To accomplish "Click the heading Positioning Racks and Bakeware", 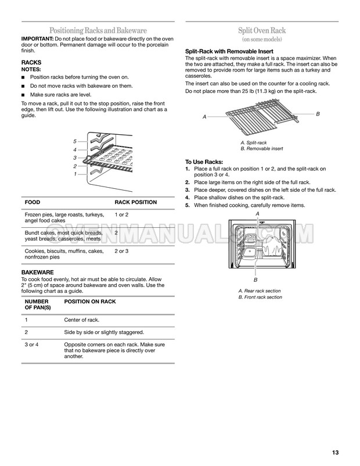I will click(98, 30).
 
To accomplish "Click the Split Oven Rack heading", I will click(261, 30).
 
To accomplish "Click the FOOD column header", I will click(32, 202).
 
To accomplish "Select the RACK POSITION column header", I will click(136, 202).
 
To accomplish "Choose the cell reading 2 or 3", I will click(122, 250).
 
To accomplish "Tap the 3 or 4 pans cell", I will click(31, 345).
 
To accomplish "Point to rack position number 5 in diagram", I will click(75, 142).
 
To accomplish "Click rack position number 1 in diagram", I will click(75, 174).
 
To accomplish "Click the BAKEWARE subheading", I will click(38, 272).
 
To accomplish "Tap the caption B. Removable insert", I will click(262, 149).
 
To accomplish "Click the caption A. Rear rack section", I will click(260, 291).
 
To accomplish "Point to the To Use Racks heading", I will click(204, 162).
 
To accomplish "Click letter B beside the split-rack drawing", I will click(318, 113).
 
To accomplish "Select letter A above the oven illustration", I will click(257, 214).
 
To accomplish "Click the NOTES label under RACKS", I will click(31, 69).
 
